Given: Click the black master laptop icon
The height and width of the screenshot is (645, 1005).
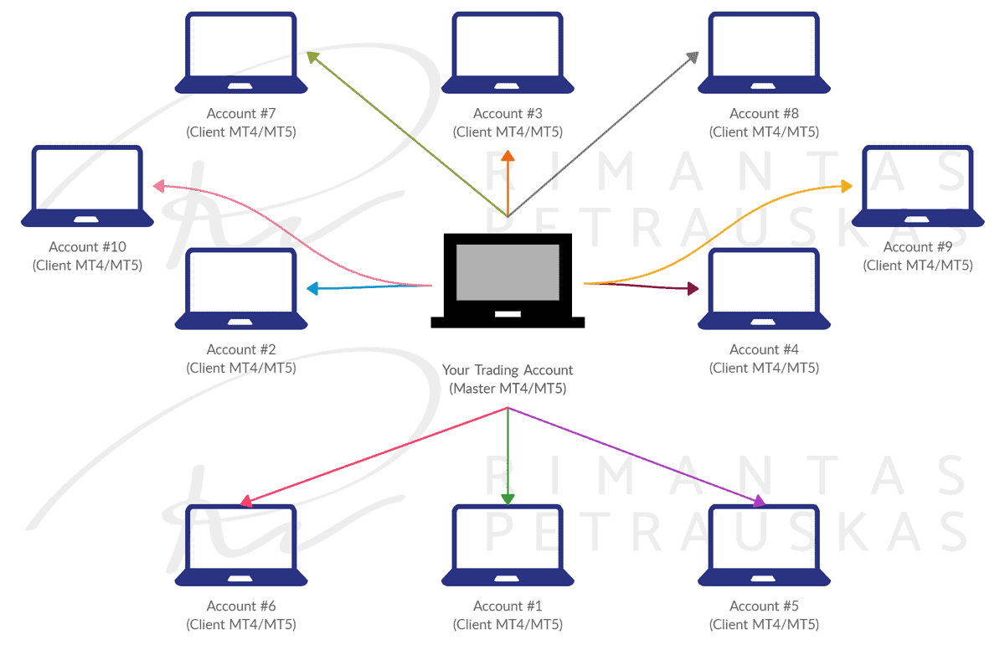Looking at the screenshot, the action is (x=508, y=281).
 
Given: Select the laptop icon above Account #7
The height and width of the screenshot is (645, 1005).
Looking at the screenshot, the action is (x=241, y=53).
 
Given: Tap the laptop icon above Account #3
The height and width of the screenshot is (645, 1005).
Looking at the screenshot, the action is (x=508, y=53).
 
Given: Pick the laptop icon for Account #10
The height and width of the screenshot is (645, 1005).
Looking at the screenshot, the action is (x=87, y=186).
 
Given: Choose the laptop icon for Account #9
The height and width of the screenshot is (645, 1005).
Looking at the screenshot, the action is (x=918, y=186).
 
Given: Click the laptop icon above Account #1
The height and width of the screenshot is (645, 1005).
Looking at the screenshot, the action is (x=508, y=545).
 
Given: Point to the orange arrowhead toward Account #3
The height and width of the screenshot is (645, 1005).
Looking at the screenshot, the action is (x=508, y=156).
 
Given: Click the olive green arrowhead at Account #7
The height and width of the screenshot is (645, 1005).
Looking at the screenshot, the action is (x=312, y=58).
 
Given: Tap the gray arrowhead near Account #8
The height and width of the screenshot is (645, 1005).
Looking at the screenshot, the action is (x=693, y=58).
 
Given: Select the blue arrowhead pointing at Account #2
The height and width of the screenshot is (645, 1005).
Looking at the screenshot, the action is (x=312, y=288).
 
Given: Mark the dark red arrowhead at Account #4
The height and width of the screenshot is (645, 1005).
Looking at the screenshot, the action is (x=693, y=288).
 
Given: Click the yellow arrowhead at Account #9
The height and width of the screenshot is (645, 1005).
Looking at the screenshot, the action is (x=847, y=186).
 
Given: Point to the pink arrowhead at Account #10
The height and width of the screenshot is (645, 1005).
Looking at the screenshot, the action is (x=159, y=186).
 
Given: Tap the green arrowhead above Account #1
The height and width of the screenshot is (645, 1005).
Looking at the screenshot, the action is (x=508, y=499).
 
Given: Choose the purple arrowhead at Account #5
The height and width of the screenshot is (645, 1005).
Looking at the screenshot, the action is (x=759, y=502).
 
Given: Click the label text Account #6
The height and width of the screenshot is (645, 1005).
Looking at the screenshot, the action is (x=241, y=606).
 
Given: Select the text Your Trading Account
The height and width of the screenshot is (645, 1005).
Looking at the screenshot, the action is (x=508, y=370).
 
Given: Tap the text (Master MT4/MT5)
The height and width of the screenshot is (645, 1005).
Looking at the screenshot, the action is (x=508, y=389).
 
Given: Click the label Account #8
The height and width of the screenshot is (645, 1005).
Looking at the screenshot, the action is (x=764, y=113).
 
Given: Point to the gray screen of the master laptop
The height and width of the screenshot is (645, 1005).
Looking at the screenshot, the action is (x=508, y=272).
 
